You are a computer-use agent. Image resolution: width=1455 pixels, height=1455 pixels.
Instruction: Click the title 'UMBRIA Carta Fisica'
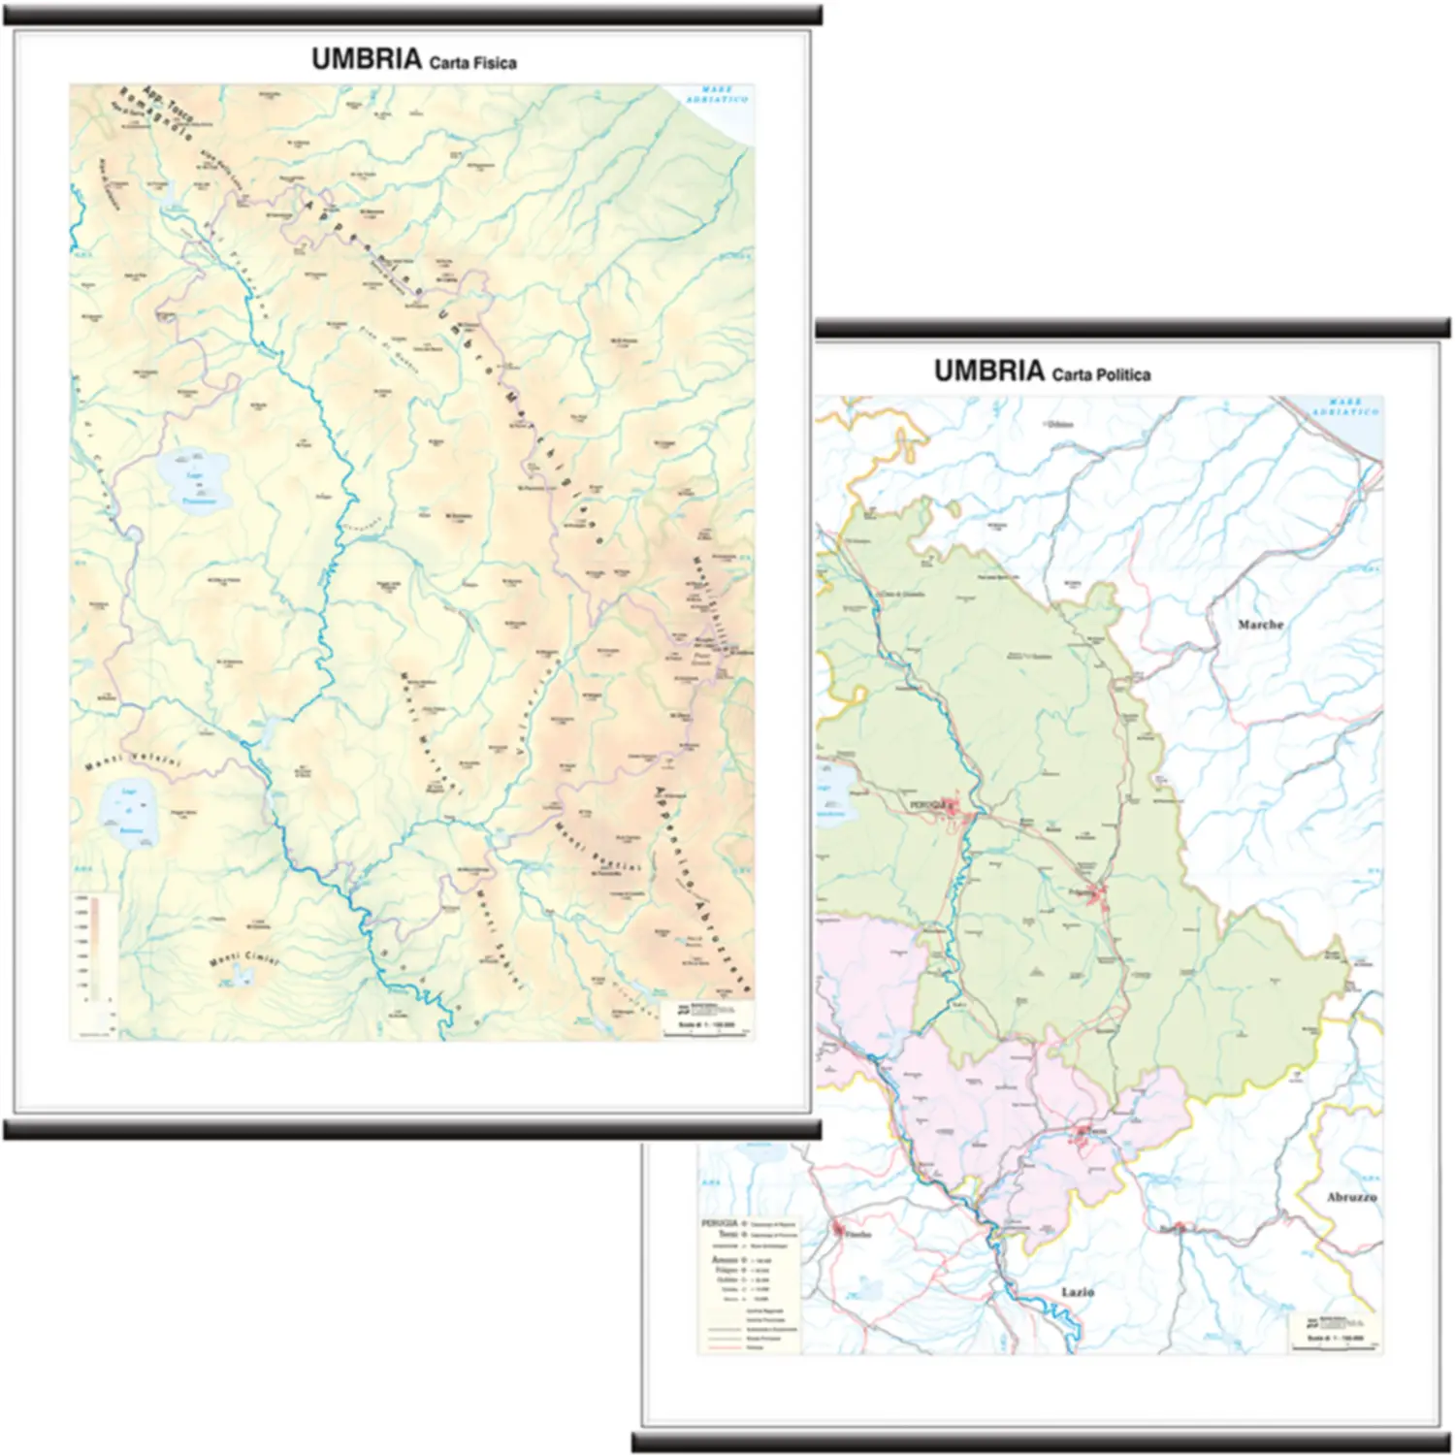[413, 60]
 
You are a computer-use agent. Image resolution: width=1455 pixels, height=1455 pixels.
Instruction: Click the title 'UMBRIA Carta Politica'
[1042, 372]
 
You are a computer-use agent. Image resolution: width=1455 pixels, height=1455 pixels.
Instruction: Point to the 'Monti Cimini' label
[243, 959]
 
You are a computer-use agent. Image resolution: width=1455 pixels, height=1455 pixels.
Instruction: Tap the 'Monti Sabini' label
[499, 939]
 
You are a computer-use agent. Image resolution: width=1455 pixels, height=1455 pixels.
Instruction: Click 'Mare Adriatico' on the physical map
[717, 95]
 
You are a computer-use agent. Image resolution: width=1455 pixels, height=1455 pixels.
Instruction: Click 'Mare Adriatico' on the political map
[1344, 407]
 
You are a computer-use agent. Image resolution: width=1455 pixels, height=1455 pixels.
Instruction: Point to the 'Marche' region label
[1260, 625]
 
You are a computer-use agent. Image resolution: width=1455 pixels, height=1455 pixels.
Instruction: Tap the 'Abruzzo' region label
[1351, 1197]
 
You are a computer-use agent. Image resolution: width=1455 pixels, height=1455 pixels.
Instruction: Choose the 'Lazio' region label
[1077, 1292]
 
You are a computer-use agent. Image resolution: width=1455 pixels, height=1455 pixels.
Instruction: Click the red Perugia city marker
[952, 805]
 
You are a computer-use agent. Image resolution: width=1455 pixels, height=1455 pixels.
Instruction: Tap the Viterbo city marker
[838, 1229]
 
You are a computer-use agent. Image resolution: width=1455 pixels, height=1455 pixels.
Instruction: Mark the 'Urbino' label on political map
[1059, 424]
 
